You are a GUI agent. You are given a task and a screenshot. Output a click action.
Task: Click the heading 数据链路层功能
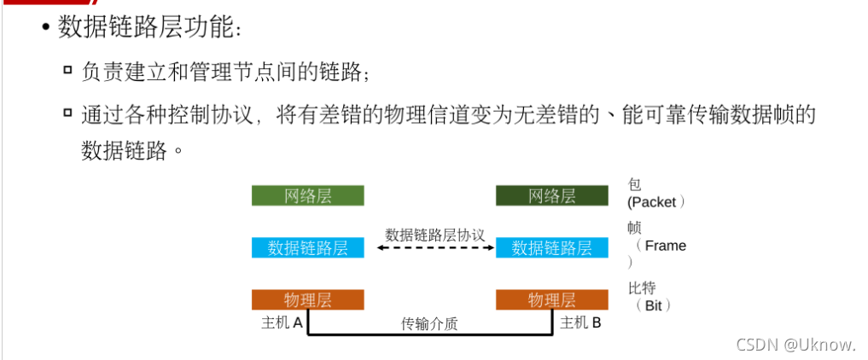pyautogui.click(x=150, y=28)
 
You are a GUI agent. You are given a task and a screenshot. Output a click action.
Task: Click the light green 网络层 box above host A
pyautogui.click(x=307, y=195)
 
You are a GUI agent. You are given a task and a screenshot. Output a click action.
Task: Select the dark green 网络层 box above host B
pyautogui.click(x=551, y=195)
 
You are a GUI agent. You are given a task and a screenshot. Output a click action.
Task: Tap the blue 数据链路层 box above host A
pyautogui.click(x=307, y=247)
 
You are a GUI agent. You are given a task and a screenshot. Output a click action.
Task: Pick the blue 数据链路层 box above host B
pyautogui.click(x=551, y=247)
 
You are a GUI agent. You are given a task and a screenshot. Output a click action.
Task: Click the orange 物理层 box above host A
pyautogui.click(x=307, y=299)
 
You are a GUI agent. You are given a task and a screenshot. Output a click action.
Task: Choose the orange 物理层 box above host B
pyautogui.click(x=551, y=299)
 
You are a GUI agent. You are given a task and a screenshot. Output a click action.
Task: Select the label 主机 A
pyautogui.click(x=282, y=323)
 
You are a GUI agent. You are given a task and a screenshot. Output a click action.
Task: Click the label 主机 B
pyautogui.click(x=580, y=323)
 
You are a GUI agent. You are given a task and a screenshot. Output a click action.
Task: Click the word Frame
pyautogui.click(x=665, y=246)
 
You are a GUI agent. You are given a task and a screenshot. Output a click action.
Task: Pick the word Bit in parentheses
pyautogui.click(x=653, y=305)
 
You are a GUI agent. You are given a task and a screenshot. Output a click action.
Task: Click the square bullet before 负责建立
pyautogui.click(x=67, y=69)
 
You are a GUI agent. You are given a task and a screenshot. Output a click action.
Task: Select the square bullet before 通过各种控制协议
pyautogui.click(x=67, y=113)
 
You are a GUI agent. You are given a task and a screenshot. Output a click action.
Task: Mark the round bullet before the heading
pyautogui.click(x=44, y=29)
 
